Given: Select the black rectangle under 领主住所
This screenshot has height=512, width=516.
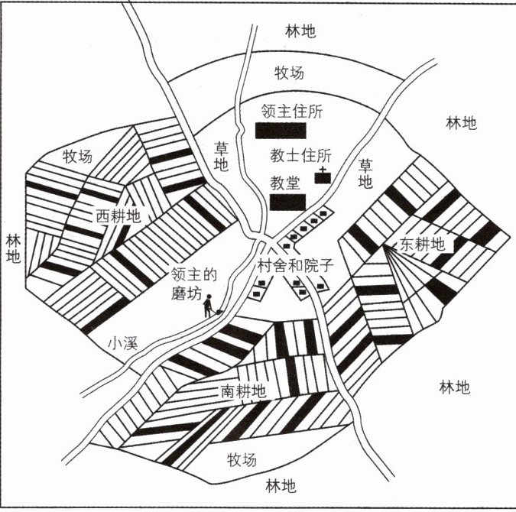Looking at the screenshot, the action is tap(281, 131).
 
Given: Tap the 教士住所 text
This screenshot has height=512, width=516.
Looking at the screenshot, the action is tap(297, 155).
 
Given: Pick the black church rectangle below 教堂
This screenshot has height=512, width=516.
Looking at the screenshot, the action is tap(288, 202).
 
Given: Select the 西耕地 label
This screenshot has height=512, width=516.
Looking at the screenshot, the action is tap(118, 215).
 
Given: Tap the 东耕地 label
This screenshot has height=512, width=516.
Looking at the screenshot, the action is tap(423, 245).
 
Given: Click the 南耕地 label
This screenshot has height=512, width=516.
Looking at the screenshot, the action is tap(243, 391).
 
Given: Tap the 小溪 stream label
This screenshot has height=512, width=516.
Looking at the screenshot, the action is tap(122, 343).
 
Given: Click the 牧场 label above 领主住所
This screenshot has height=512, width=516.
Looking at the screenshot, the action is tap(289, 73).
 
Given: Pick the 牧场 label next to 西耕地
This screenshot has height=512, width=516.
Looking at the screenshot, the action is tap(77, 157).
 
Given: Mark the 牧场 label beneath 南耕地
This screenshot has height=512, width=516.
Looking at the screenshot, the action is tap(242, 459).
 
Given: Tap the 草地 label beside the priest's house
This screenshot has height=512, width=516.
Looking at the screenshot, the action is tap(365, 174).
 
